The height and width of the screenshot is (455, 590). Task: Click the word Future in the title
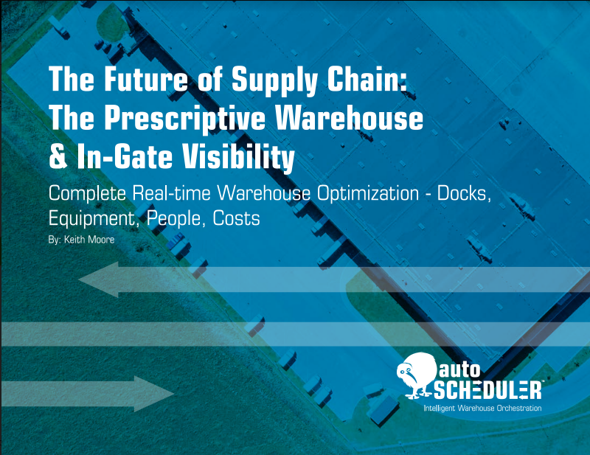click(x=145, y=79)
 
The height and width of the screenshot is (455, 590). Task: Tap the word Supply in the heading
click(x=274, y=80)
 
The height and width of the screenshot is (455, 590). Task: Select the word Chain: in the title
click(x=367, y=79)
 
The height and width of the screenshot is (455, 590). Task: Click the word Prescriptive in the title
click(x=185, y=119)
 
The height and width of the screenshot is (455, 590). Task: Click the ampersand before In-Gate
click(x=58, y=157)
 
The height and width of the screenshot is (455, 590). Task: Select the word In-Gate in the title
click(x=125, y=156)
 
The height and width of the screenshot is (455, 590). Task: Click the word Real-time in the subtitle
click(x=171, y=193)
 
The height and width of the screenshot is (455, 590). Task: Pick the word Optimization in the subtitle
click(x=367, y=194)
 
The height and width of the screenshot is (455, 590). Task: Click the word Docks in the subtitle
click(x=465, y=193)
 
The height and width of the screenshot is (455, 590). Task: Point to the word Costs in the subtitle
click(x=236, y=218)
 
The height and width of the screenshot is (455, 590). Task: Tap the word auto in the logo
click(x=459, y=370)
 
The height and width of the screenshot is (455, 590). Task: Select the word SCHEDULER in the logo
click(x=487, y=390)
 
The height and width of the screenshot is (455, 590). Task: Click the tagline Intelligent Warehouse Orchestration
click(x=483, y=408)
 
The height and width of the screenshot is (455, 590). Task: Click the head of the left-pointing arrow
click(x=99, y=279)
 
